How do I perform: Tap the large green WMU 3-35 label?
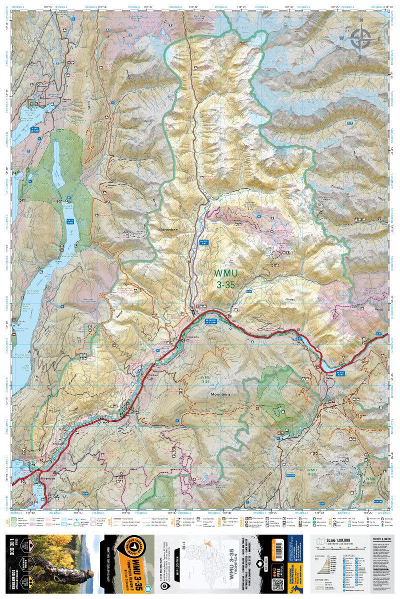[x=224, y=279]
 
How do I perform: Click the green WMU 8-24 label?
[x=312, y=473]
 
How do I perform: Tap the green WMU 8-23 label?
[x=371, y=480]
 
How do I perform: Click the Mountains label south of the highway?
[x=220, y=394]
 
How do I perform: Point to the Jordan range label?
[x=290, y=299]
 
